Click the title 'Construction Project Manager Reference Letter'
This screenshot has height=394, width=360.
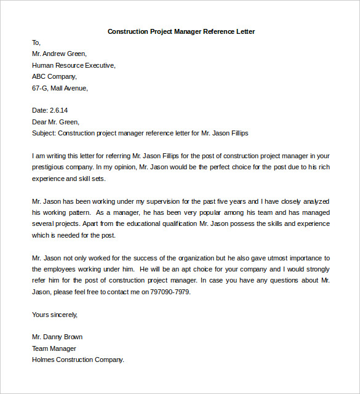click(181, 31)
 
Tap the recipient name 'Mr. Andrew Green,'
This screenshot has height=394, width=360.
click(59, 54)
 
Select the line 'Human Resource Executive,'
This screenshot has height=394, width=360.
click(73, 65)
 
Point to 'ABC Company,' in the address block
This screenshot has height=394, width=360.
click(54, 77)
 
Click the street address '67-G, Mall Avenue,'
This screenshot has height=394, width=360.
click(60, 88)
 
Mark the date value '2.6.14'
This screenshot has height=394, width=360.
click(60, 111)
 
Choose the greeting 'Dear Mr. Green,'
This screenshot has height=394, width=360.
click(55, 122)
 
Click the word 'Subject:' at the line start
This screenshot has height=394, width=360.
click(44, 133)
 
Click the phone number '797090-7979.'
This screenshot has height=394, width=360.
click(171, 292)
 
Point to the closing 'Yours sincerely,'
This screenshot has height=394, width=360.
click(55, 315)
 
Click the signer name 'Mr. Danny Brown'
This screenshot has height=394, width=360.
click(57, 337)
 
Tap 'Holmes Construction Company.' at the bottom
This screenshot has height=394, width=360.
click(78, 360)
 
